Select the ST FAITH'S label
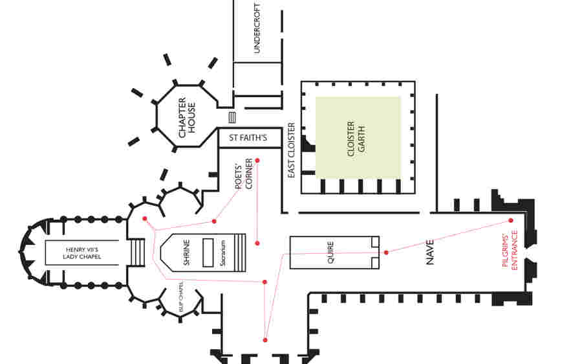pos(249,137)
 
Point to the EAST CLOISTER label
pos(292,151)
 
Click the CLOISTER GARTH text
pos(356,137)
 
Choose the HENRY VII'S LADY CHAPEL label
pos(83,252)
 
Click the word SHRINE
pos(186,252)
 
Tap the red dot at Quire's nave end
pos(386,252)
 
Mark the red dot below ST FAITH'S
pos(257,160)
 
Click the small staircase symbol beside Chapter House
pos(233,117)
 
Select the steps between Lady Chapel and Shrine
pos(138,252)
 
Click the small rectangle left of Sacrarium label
pos(208,252)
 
